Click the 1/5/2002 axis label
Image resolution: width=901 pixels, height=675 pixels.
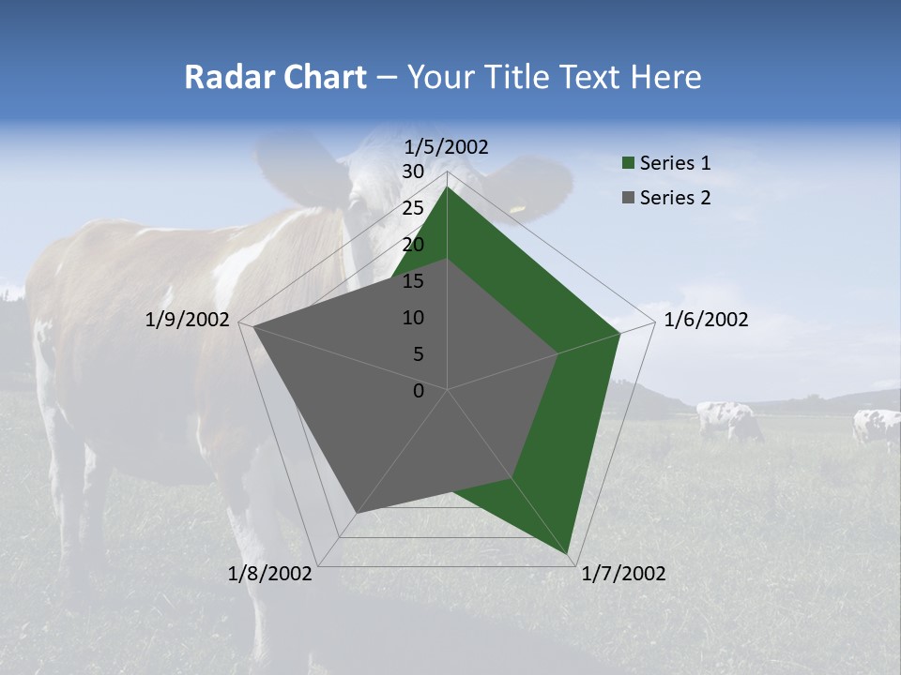(447, 147)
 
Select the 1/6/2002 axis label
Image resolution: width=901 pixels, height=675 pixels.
(706, 320)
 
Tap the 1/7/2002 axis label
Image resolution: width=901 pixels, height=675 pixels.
(623, 574)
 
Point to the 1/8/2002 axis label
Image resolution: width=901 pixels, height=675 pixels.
(270, 574)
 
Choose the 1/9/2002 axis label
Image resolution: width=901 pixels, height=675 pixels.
(188, 320)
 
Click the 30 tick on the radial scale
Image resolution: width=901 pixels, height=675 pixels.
(413, 172)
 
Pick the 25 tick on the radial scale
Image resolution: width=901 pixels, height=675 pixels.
(413, 208)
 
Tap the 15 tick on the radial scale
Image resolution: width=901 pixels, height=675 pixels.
(413, 281)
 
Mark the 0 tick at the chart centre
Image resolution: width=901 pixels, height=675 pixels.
(419, 391)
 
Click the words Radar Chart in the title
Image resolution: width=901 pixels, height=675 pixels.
(275, 77)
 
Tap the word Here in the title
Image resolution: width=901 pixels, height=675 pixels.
(665, 77)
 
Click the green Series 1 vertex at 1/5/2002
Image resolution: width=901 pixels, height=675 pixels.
(448, 187)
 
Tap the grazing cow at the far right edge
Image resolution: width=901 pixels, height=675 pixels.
(878, 427)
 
